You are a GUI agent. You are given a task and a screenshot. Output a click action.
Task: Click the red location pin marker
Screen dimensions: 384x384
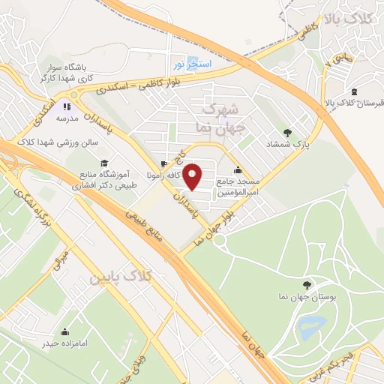[x=193, y=178]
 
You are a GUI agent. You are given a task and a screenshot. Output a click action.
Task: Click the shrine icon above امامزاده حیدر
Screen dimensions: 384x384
[x=64, y=331]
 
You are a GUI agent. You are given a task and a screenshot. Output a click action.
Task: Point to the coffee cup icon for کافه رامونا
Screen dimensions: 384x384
[x=164, y=163]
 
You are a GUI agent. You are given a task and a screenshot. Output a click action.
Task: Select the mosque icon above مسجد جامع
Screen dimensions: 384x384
[x=238, y=170]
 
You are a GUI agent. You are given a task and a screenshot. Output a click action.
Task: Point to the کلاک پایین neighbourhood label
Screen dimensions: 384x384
[x=120, y=278]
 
